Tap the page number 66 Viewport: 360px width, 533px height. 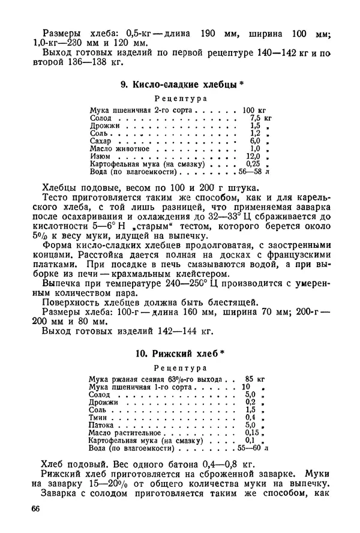pos(40,509)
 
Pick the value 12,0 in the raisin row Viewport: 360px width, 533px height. pos(254,155)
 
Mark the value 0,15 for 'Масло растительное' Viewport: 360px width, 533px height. pos(255,432)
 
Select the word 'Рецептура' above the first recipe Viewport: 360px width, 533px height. pos(181,98)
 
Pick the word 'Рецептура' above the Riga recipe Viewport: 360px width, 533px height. pos(181,367)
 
